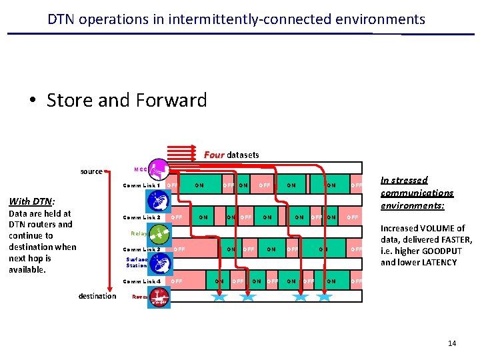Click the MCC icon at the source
(158, 169)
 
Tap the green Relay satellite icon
(159, 233)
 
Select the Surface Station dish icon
(159, 265)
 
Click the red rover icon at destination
(159, 297)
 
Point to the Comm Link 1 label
(141, 185)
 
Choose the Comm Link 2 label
(141, 217)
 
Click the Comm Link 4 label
(141, 281)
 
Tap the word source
(91, 171)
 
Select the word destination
(97, 296)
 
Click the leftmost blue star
(219, 296)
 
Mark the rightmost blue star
(325, 296)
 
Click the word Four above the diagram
(214, 155)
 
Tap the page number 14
(452, 343)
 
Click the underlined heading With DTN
(31, 201)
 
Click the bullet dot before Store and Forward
(32, 101)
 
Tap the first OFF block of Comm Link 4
(177, 281)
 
